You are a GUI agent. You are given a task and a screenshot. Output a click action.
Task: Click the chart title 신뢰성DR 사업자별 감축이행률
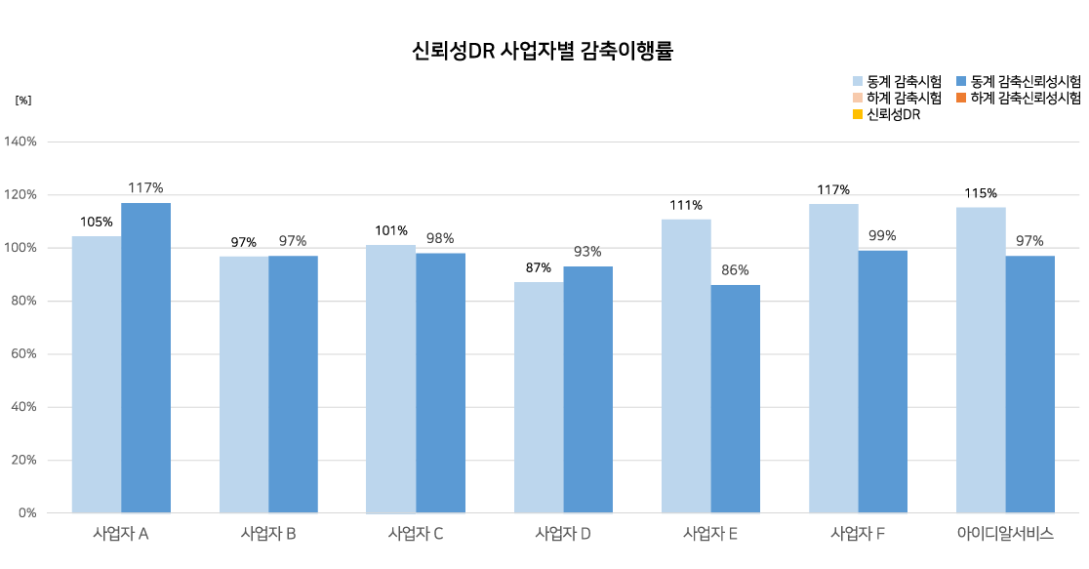(x=544, y=52)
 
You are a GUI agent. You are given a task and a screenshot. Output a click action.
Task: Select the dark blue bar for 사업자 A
(x=146, y=357)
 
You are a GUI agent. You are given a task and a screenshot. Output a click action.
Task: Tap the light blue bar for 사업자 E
(x=686, y=366)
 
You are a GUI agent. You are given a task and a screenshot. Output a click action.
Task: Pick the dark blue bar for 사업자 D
(x=588, y=389)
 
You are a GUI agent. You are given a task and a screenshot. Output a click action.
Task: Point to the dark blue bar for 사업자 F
(x=883, y=382)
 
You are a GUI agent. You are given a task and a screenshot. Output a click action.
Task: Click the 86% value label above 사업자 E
(x=735, y=270)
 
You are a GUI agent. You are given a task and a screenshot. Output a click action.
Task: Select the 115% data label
(x=981, y=193)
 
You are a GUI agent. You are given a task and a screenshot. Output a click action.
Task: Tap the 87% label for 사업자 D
(x=540, y=267)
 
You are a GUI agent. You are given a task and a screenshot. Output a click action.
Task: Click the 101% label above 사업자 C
(x=391, y=230)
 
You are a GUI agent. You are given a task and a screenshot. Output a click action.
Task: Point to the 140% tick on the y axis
(x=20, y=142)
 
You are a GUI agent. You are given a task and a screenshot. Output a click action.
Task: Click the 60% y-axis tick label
(x=23, y=354)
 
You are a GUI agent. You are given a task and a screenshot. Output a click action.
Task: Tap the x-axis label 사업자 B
(x=268, y=534)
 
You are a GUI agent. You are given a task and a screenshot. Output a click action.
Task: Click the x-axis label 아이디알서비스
(x=1005, y=534)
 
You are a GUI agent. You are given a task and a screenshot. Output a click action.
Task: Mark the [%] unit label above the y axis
(x=23, y=101)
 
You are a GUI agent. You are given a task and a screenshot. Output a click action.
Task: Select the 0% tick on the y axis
(x=26, y=512)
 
